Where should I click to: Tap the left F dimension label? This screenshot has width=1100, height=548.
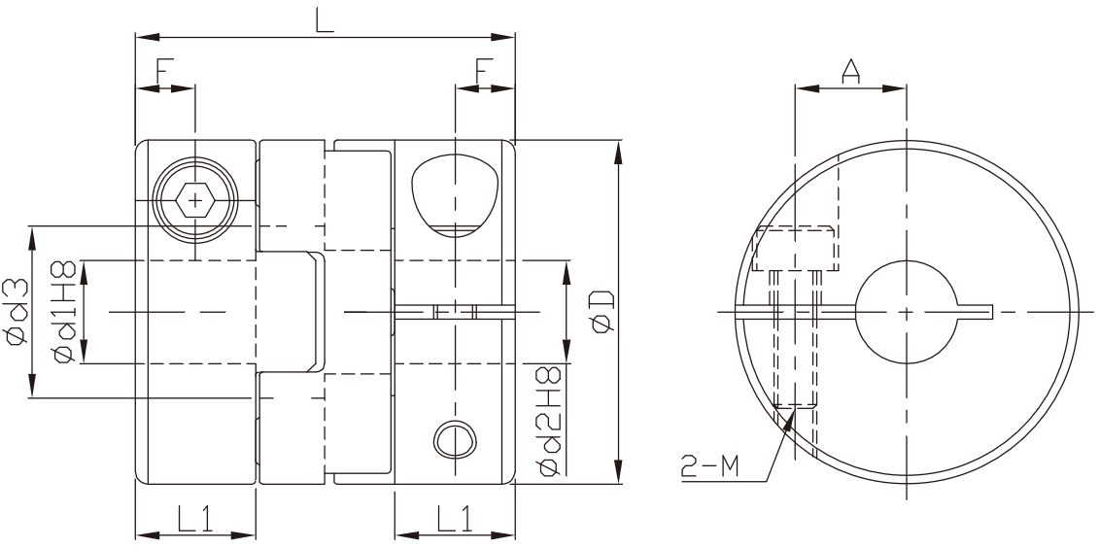pos(165,72)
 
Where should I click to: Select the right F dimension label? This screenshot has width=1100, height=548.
pos(485,72)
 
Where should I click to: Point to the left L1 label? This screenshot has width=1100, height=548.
pos(193,519)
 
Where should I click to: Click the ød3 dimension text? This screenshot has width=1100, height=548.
pos(16,311)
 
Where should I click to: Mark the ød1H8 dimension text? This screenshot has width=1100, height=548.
pos(64,311)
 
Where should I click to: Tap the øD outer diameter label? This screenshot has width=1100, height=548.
pos(602,312)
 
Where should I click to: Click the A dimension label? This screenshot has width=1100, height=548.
pos(850,72)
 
